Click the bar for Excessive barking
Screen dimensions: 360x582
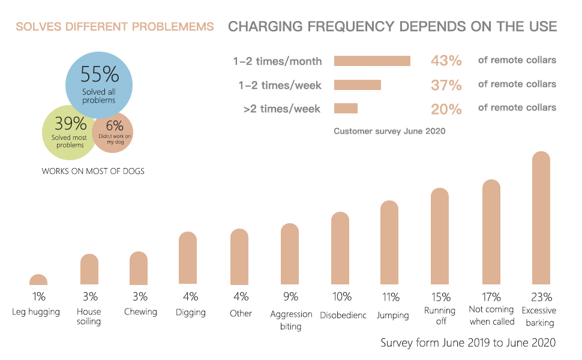pyautogui.click(x=541, y=219)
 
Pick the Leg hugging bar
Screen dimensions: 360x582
pyautogui.click(x=38, y=280)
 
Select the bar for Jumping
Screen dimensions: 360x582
pyautogui.click(x=389, y=243)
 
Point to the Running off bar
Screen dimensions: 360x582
pyautogui.click(x=440, y=236)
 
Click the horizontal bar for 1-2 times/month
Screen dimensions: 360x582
pyautogui.click(x=372, y=61)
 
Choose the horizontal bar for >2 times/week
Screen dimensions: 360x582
pyautogui.click(x=346, y=108)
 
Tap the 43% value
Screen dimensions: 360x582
pyautogui.click(x=446, y=61)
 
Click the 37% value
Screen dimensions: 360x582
pyautogui.click(x=446, y=85)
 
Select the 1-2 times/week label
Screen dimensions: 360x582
pyautogui.click(x=280, y=85)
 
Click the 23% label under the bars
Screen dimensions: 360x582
pyautogui.click(x=541, y=296)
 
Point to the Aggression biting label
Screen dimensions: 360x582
pyautogui.click(x=291, y=320)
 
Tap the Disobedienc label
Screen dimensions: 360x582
pyautogui.click(x=343, y=315)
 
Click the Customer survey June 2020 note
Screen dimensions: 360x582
pyautogui.click(x=389, y=130)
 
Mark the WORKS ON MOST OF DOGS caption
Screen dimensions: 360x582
pyautogui.click(x=93, y=171)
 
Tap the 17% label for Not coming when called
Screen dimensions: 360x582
pyautogui.click(x=491, y=296)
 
